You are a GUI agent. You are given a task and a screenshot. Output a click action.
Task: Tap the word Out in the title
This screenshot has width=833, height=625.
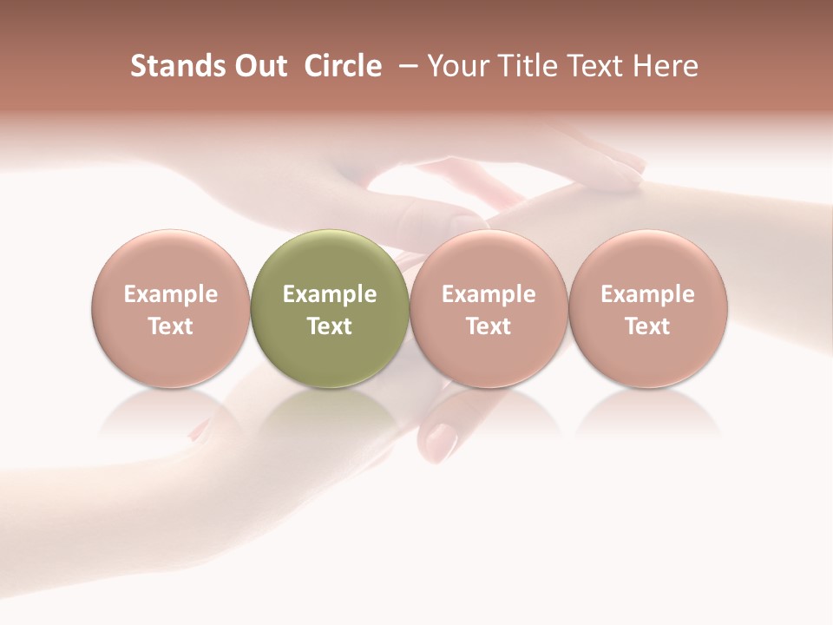coord(258,66)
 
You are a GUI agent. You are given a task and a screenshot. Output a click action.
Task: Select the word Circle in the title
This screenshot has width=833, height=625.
coord(343,66)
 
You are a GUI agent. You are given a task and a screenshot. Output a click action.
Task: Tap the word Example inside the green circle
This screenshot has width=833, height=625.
coord(330,294)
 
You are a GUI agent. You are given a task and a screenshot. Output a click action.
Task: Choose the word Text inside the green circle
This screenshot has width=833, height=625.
coord(330,326)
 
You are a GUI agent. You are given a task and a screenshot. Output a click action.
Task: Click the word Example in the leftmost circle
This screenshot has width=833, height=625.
coord(171,294)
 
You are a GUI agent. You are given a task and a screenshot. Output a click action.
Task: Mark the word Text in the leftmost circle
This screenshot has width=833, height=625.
coord(171,326)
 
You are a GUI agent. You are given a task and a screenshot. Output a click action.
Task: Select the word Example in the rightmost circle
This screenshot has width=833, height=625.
coord(647,294)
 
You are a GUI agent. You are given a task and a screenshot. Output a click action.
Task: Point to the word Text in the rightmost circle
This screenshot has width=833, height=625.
coord(647,326)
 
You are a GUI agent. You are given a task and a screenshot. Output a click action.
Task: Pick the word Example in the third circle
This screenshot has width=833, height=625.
coord(489,294)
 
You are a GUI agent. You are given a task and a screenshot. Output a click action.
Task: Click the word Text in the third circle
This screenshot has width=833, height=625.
coord(489,326)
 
